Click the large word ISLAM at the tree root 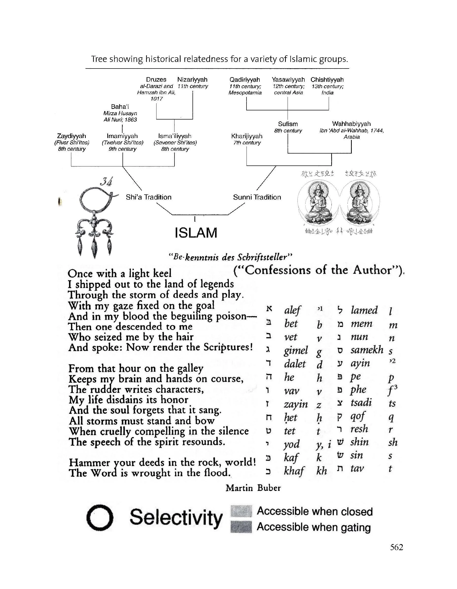[x=196, y=233]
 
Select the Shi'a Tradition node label [x=148, y=197]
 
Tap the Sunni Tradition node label [x=257, y=197]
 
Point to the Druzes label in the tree [x=156, y=80]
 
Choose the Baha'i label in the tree [x=120, y=107]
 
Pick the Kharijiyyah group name [x=247, y=136]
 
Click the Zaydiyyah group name [x=72, y=136]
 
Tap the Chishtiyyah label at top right [x=327, y=80]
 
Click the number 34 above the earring [x=106, y=182]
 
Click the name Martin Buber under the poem [x=253, y=487]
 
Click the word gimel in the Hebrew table [x=296, y=350]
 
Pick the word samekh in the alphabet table [x=367, y=350]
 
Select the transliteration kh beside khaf [x=322, y=470]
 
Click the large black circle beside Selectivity [x=99, y=517]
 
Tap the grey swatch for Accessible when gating [x=241, y=527]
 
